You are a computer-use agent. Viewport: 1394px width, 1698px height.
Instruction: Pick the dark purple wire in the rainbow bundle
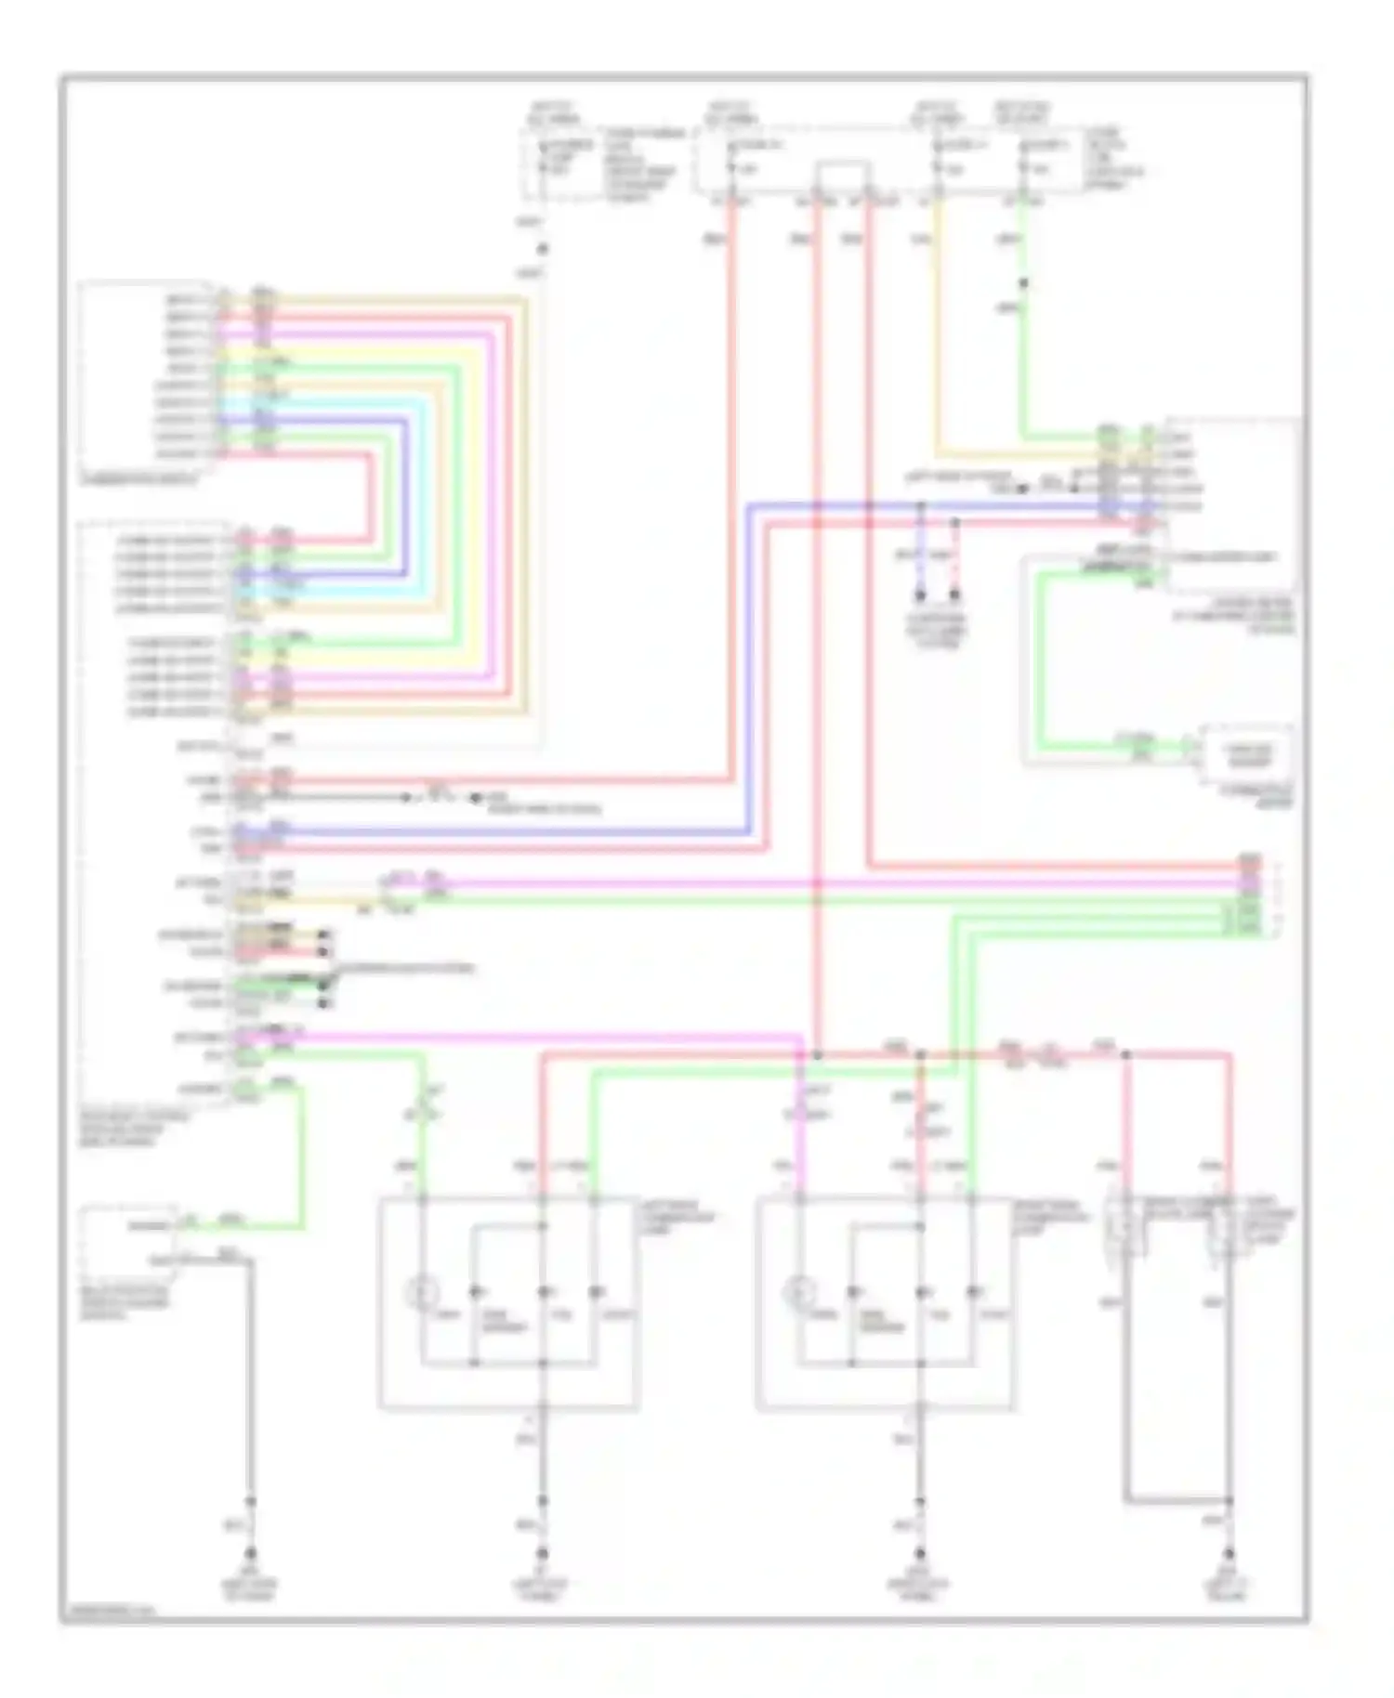(x=406, y=502)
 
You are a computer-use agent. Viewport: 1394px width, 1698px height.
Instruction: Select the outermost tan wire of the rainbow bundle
(x=525, y=502)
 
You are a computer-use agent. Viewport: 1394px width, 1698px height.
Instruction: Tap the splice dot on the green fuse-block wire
(x=1023, y=283)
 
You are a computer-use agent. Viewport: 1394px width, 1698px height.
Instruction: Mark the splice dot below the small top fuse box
(x=543, y=249)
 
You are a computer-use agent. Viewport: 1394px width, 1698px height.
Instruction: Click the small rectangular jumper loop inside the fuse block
(x=843, y=176)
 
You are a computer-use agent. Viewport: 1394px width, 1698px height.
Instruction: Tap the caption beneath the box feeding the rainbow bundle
(x=139, y=480)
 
